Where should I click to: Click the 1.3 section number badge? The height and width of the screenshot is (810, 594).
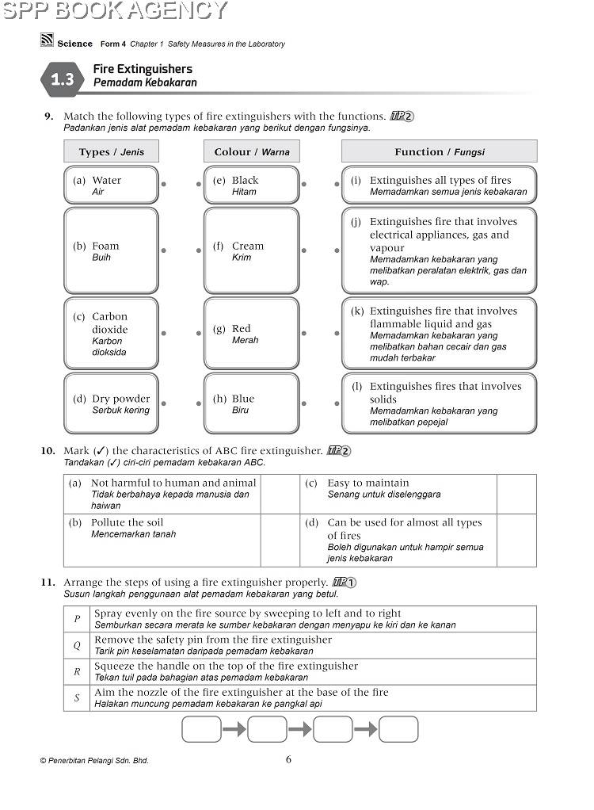click(x=62, y=79)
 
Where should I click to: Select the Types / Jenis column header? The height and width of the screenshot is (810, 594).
click(x=111, y=151)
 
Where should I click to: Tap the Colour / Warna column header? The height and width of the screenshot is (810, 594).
click(x=252, y=151)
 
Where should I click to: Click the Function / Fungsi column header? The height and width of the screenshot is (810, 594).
click(x=439, y=151)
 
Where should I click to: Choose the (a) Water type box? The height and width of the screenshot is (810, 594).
click(x=111, y=185)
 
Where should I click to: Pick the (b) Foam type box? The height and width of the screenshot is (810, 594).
click(x=111, y=250)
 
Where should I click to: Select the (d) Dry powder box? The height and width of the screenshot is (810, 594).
click(x=111, y=403)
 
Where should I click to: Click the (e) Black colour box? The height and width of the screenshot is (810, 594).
click(x=251, y=185)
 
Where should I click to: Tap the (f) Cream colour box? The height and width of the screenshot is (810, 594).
click(x=251, y=250)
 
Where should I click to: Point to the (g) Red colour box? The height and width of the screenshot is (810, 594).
click(x=251, y=334)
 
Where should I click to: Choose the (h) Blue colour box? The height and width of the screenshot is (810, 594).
click(x=251, y=403)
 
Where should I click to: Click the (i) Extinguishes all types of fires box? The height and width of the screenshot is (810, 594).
click(x=439, y=185)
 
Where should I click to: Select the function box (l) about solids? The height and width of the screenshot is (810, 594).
click(x=439, y=403)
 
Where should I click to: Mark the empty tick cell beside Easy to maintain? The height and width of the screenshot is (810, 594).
click(x=516, y=494)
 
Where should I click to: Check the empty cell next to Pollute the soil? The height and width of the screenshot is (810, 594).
click(x=280, y=540)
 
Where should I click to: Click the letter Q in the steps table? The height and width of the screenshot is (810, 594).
click(x=78, y=645)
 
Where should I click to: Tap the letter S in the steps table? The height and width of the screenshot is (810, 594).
click(x=78, y=698)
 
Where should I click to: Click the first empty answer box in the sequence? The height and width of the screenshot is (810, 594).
click(x=201, y=729)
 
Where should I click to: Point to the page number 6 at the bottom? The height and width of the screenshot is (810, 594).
click(x=288, y=759)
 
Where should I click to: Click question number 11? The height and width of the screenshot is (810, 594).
click(x=48, y=583)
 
